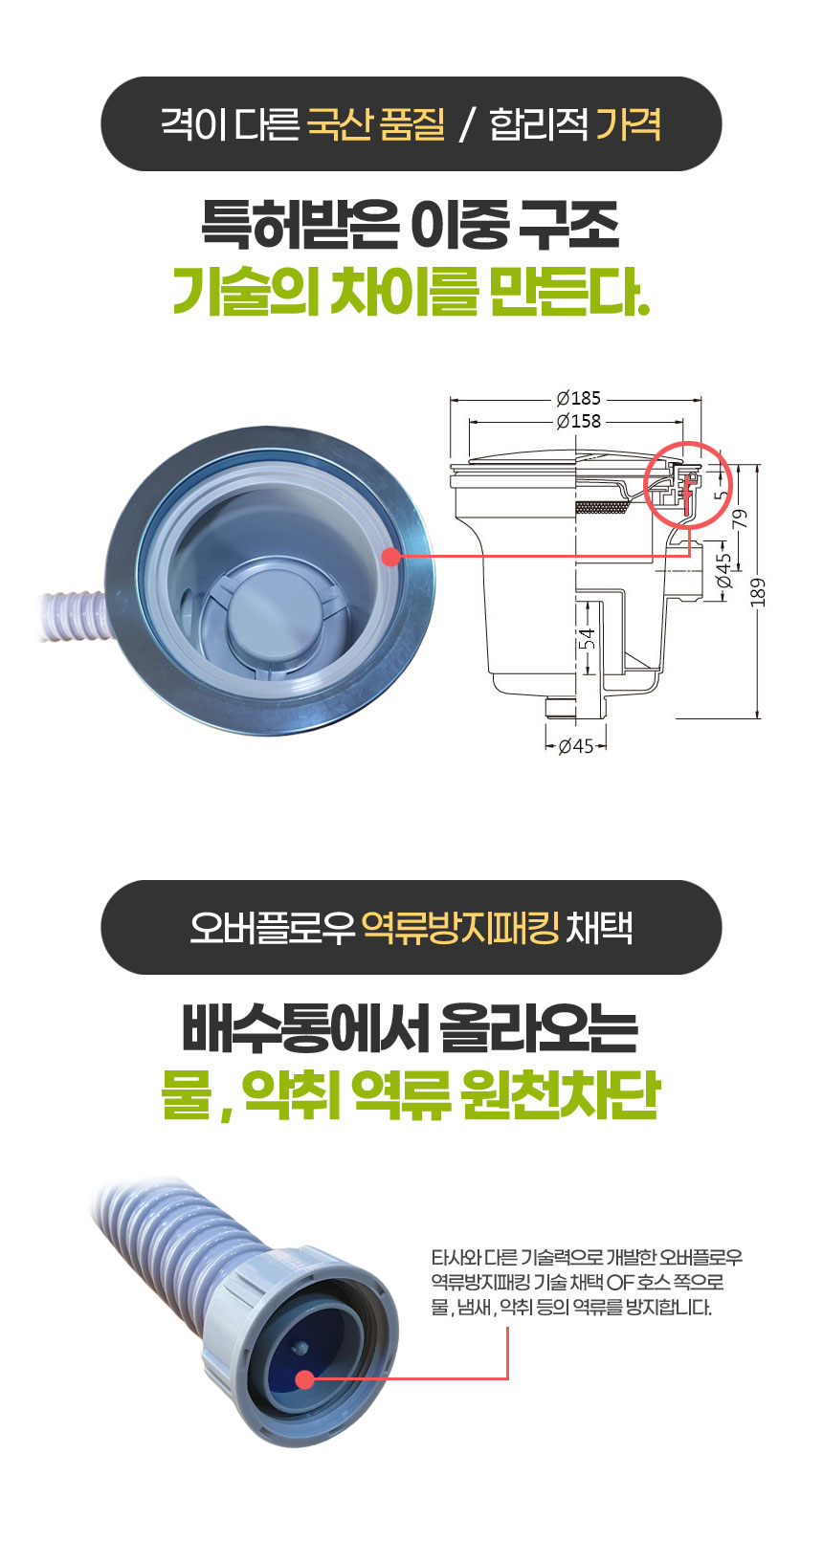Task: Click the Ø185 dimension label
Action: (x=577, y=398)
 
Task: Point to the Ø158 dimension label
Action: (x=577, y=421)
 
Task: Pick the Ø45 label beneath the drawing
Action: (x=576, y=746)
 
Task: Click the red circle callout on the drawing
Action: (x=687, y=484)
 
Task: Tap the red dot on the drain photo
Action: (x=389, y=556)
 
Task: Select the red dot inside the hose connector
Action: (x=304, y=1379)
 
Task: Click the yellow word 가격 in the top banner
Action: (x=628, y=124)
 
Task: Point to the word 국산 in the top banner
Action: (x=339, y=124)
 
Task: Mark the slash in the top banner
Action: (x=466, y=125)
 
